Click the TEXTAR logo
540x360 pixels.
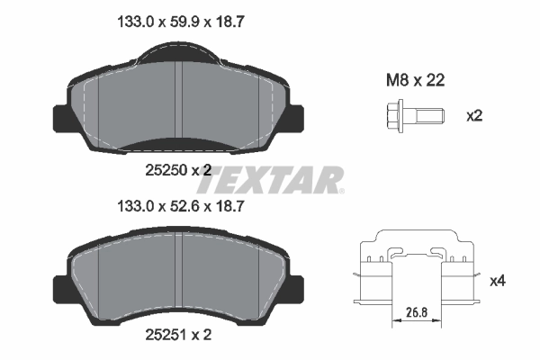pos(269,179)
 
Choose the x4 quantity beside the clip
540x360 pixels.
pos(497,282)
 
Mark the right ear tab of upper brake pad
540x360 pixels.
pos(299,118)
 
